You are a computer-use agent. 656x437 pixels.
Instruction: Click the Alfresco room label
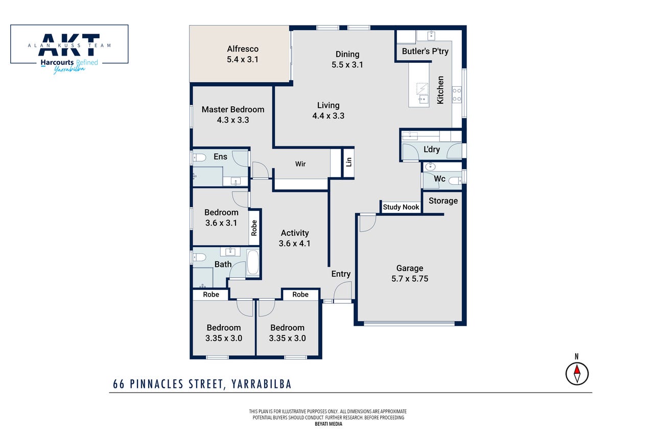coord(243,49)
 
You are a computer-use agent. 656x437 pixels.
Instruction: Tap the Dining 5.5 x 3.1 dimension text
coord(347,65)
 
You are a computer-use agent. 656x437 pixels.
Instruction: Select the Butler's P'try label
coord(425,51)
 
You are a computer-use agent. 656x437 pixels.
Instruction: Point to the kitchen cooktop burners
coord(457,94)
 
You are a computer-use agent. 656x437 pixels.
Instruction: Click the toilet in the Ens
coord(199,158)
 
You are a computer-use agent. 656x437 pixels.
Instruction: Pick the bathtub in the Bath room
coord(253,262)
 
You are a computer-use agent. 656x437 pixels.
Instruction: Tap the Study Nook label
coord(401,207)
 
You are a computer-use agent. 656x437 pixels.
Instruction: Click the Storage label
coord(443,201)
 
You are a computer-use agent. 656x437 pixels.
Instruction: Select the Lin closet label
coord(348,162)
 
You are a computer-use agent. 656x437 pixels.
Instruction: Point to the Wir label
coord(300,164)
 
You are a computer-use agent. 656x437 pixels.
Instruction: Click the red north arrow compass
coord(577,374)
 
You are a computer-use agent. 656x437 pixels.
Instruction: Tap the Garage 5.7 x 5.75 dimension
coord(410,279)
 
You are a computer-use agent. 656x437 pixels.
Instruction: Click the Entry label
coord(341,274)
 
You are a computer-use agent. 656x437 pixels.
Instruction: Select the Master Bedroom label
coord(233,109)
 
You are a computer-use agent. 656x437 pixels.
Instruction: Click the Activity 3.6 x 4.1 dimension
coord(295,244)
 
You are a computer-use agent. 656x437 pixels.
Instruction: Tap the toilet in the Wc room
coord(455,181)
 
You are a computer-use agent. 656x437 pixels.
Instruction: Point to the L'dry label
coord(432,149)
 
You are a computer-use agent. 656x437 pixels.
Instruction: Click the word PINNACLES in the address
coord(157,384)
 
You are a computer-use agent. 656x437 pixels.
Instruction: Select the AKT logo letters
coord(69,44)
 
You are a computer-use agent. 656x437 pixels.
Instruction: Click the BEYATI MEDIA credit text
coord(329,424)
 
